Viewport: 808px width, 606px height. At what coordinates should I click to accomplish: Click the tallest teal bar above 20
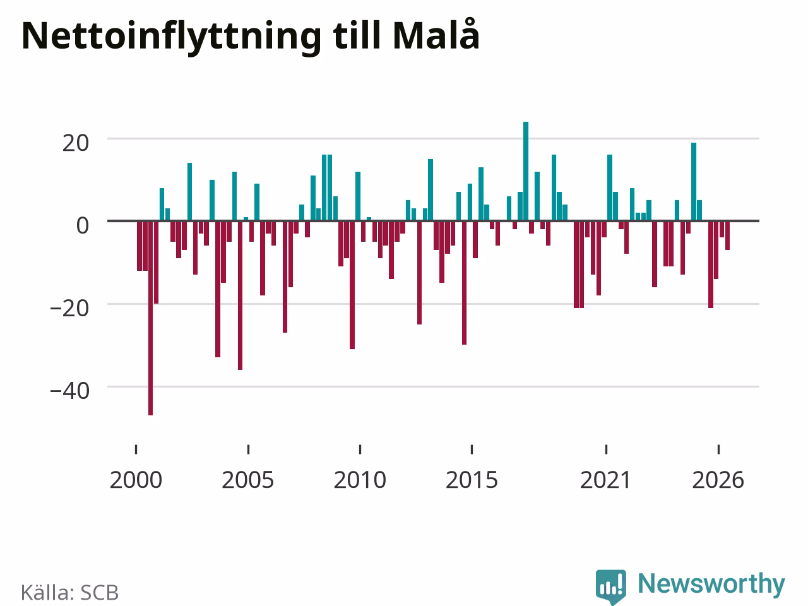point(526,171)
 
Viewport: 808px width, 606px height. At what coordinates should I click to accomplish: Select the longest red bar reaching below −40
point(151,318)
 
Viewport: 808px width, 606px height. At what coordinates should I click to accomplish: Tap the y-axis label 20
point(76,143)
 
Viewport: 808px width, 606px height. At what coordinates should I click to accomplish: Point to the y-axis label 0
point(83,225)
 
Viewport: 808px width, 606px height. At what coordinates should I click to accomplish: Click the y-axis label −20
point(69,308)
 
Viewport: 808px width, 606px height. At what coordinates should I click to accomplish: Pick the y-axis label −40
point(69,391)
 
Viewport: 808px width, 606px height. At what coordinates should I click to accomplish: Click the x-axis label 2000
point(136,480)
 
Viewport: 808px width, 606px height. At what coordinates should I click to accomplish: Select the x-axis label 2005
point(247,480)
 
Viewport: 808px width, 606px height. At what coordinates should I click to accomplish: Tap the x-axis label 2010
point(360,480)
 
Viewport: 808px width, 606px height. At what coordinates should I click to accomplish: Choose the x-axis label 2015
point(472,480)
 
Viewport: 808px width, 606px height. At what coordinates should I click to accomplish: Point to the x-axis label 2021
point(605,480)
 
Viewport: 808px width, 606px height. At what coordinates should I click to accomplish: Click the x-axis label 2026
point(718,480)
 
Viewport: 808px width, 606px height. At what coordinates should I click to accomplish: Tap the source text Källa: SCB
point(69,592)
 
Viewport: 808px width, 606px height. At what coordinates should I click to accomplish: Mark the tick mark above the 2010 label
point(360,449)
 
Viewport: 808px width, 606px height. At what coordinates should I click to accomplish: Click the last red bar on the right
point(727,235)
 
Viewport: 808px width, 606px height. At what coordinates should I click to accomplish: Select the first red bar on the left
point(140,246)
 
